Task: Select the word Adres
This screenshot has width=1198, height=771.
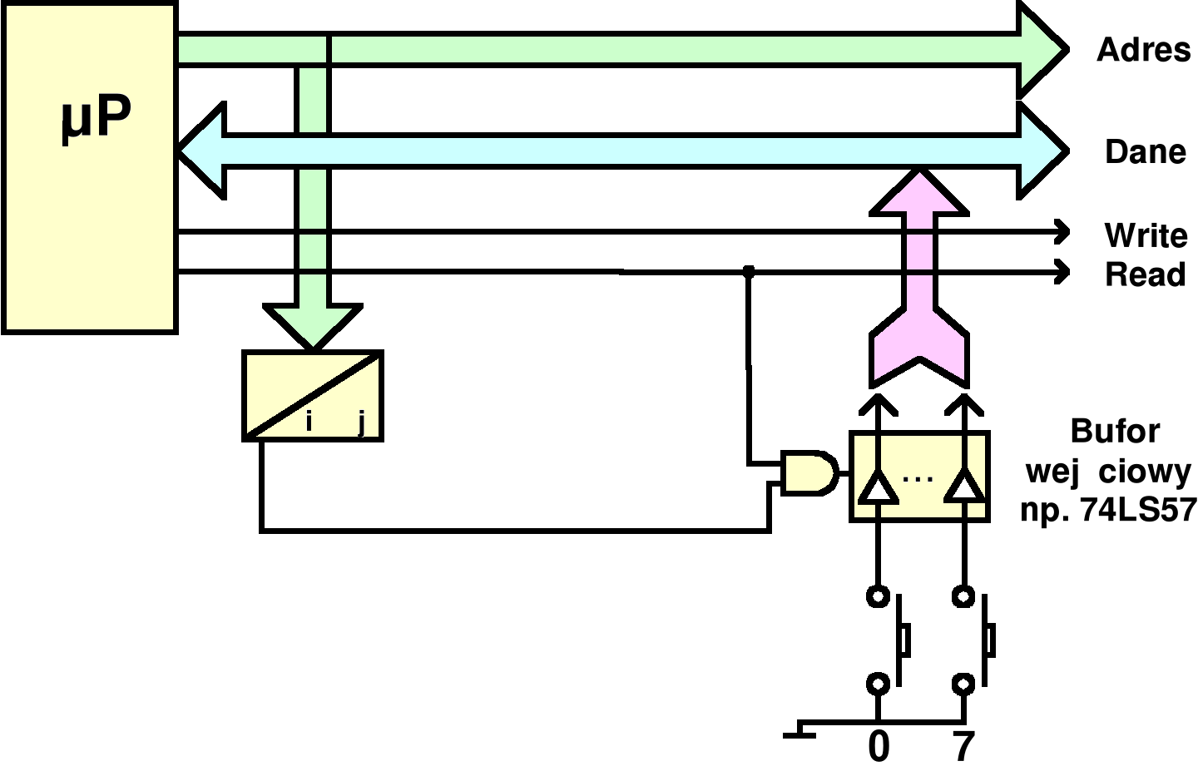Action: pos(1143,50)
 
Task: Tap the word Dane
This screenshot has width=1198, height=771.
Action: pos(1145,152)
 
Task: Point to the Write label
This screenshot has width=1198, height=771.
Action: pos(1146,235)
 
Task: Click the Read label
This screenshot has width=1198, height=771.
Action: pos(1145,274)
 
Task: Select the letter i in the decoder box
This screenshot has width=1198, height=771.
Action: pos(309,422)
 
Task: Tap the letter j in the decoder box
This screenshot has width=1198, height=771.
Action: pos(361,423)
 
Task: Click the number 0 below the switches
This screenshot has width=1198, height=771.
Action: pos(879,747)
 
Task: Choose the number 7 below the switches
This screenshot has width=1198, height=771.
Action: pos(963,747)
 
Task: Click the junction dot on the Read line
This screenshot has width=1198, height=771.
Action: pos(749,271)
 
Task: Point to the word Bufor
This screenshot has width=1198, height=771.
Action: pos(1115,431)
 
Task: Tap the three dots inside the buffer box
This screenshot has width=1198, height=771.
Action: pos(918,479)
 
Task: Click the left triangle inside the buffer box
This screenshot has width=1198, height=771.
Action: pos(878,487)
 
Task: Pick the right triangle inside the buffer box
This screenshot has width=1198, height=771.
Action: pos(964,487)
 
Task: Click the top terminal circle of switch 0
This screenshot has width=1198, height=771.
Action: pos(878,596)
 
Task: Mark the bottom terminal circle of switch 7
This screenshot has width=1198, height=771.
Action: pos(963,685)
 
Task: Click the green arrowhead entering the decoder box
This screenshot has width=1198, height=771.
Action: pos(313,324)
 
